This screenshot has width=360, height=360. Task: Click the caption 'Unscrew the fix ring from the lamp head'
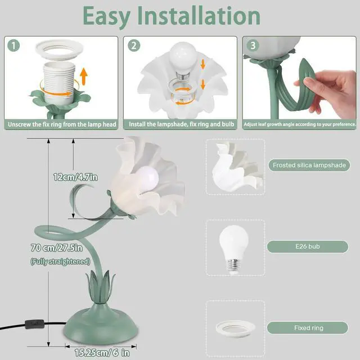coord(61,124)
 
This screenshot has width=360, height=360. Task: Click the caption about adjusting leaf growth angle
coord(300,124)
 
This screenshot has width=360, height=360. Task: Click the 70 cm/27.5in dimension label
coord(56,247)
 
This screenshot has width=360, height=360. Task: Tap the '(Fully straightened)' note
coord(60,261)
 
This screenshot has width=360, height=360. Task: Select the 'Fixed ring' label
coord(308,327)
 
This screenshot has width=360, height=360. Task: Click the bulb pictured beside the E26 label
coord(233,246)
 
